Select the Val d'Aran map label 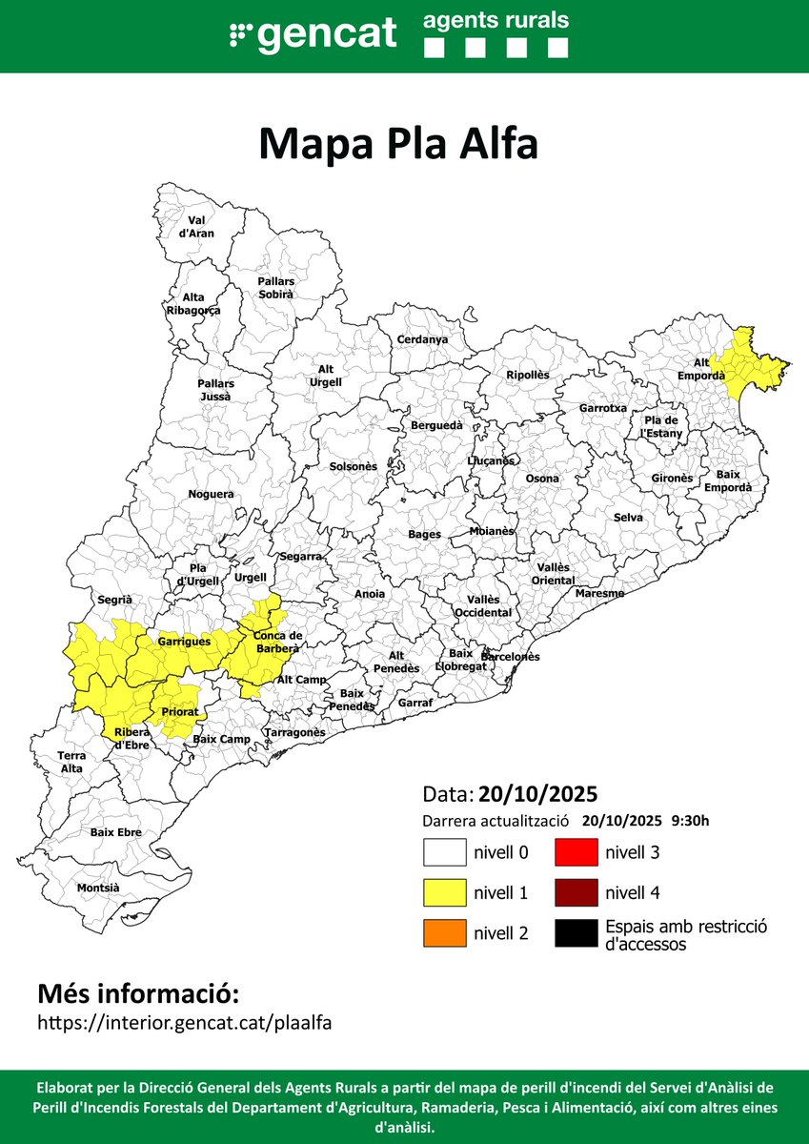pos(196,226)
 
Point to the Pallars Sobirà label pos(275,288)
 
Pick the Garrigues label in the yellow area pos(184,642)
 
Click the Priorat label pos(179,711)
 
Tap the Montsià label pos(98,888)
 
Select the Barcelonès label pos(510,657)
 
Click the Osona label pos(542,478)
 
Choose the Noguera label pos(211,494)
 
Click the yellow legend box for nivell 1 pos(444,892)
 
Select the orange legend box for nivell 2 pos(444,933)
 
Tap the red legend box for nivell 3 pos(576,851)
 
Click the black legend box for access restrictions pos(576,933)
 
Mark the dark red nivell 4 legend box pos(576,892)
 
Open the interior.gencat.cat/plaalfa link pos(184,1022)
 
